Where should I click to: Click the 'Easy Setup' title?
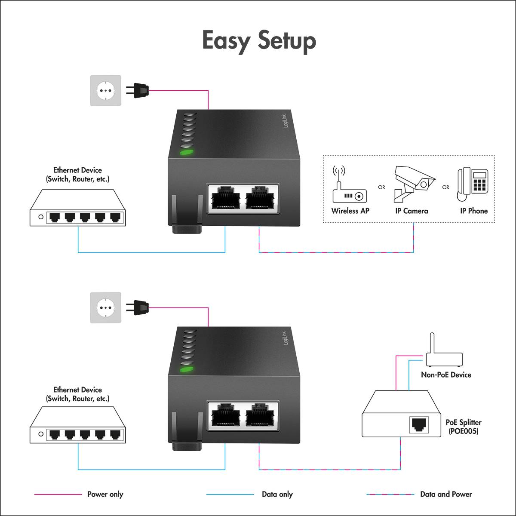259,41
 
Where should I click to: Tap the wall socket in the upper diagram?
105,90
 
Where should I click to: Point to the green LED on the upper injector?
186,152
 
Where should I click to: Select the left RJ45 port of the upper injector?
225,198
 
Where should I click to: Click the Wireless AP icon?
349,186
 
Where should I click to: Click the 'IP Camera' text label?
412,211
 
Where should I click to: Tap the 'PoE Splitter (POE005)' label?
463,427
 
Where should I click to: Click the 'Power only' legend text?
105,494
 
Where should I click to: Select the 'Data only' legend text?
277,494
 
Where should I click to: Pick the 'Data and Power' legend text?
446,494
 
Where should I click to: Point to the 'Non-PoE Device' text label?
446,375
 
